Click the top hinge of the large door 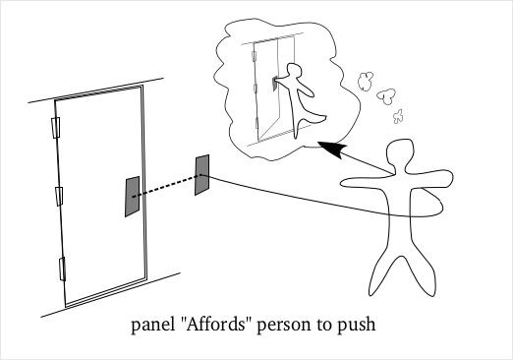(55, 128)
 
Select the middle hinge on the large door (59, 193)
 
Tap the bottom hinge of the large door (62, 267)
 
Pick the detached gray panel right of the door (202, 174)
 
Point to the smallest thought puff (398, 117)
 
